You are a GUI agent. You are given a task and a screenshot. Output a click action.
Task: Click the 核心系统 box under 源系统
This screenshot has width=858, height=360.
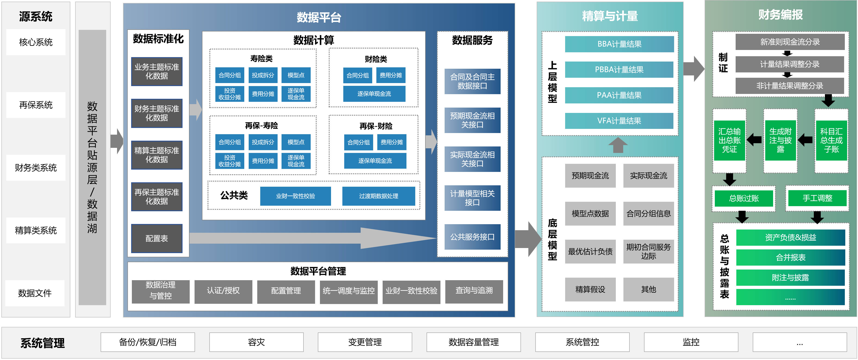[x=36, y=42]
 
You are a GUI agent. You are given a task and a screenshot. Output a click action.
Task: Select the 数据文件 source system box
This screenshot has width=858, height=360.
[x=35, y=293]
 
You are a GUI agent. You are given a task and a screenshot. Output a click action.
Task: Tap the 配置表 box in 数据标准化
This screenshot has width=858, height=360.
[x=157, y=239]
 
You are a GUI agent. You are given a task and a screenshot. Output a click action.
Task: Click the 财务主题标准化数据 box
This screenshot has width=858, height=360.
[x=157, y=113]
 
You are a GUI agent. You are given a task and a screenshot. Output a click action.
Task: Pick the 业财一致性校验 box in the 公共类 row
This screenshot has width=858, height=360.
[x=295, y=196]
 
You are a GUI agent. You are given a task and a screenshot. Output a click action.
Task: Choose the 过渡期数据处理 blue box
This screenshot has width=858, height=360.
[x=378, y=196]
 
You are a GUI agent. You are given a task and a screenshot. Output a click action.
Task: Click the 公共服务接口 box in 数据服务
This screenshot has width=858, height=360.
[x=472, y=237]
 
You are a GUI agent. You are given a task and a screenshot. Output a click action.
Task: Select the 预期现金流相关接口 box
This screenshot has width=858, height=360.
[x=472, y=120]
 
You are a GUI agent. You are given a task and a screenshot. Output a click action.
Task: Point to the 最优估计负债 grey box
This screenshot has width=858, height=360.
[x=590, y=251]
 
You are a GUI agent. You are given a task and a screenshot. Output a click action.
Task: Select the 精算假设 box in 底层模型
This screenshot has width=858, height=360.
[x=590, y=289]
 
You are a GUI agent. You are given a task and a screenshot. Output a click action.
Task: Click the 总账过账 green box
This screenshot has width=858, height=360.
[x=744, y=199]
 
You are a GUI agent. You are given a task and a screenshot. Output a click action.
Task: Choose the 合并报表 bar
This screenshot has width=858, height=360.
[x=790, y=258]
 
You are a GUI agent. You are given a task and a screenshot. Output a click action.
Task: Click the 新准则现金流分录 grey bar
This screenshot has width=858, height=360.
[x=790, y=42]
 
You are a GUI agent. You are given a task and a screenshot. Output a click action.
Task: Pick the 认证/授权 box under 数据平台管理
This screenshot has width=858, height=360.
[x=223, y=291]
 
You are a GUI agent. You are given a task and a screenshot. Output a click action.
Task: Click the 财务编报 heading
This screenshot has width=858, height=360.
[x=781, y=15]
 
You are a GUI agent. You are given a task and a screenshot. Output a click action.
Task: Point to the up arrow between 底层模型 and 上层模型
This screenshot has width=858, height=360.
[x=618, y=145]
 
